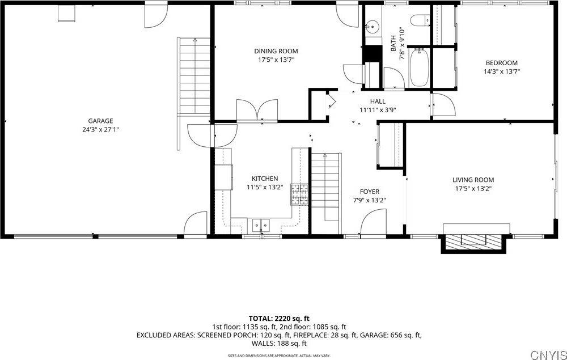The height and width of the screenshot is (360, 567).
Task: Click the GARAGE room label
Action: click(x=100, y=121)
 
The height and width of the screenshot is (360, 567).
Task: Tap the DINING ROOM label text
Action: click(x=276, y=51)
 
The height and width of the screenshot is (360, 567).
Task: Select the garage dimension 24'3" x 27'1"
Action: click(x=100, y=129)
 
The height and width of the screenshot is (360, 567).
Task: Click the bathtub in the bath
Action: click(x=419, y=69)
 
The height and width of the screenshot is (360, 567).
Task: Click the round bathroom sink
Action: click(x=372, y=26)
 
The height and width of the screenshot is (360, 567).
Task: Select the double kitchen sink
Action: click(x=261, y=225)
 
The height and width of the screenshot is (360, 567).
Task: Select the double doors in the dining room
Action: click(x=257, y=110)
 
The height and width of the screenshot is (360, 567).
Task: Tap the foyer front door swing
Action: click(x=373, y=222)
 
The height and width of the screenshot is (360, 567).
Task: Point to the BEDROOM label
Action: click(x=501, y=63)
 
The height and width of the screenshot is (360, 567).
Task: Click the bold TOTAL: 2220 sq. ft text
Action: click(x=279, y=318)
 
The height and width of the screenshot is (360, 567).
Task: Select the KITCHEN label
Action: click(x=265, y=179)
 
